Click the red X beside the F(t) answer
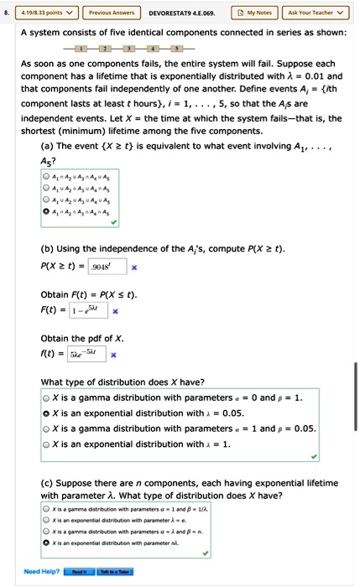pos(116,311)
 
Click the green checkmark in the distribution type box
pos(312,457)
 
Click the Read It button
pos(80,572)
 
